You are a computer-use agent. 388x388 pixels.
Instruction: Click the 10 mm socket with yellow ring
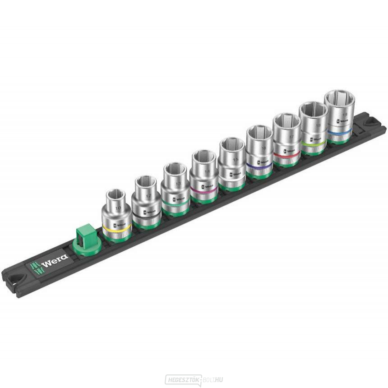point(117,214)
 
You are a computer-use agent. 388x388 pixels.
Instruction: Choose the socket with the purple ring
point(259,152)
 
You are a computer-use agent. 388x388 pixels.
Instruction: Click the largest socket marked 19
point(339,115)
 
